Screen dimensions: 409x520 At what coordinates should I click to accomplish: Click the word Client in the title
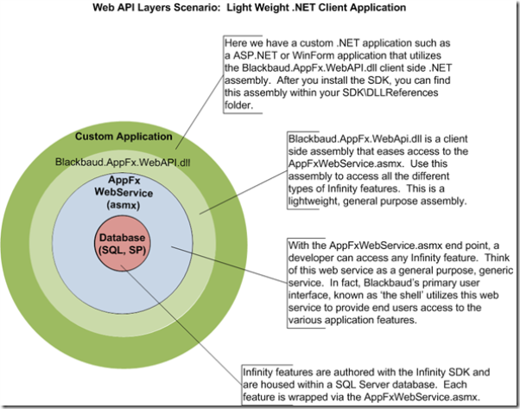[354, 9]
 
